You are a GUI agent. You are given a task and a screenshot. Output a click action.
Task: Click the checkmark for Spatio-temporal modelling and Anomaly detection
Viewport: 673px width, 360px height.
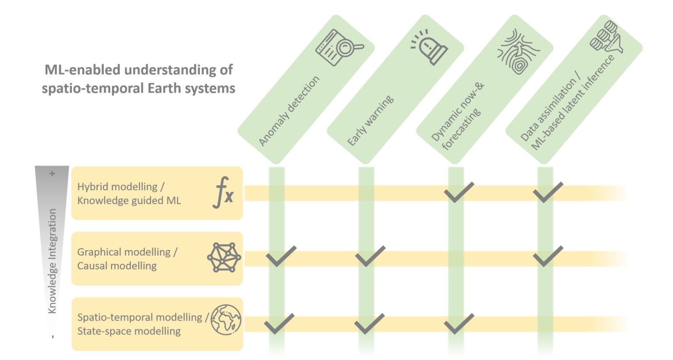(x=279, y=324)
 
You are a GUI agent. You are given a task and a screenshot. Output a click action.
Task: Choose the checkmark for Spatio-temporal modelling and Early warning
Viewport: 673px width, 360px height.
(x=369, y=324)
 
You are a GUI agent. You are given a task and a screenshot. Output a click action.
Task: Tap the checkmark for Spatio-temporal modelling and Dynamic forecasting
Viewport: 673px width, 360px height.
(x=458, y=324)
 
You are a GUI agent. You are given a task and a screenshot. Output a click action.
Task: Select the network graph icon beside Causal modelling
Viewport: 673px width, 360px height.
(x=224, y=258)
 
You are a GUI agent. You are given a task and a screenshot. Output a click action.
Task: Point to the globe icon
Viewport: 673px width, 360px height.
(x=226, y=320)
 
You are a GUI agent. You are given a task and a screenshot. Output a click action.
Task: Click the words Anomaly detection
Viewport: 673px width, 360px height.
(x=289, y=111)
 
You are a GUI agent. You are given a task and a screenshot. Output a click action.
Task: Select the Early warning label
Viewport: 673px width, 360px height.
(x=370, y=120)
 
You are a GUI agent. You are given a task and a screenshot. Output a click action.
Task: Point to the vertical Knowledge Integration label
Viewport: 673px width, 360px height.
(x=52, y=261)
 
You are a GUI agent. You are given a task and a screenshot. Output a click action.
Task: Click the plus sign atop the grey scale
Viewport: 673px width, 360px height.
(x=52, y=174)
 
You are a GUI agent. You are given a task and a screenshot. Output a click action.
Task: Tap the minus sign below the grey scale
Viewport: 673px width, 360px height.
(x=53, y=337)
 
